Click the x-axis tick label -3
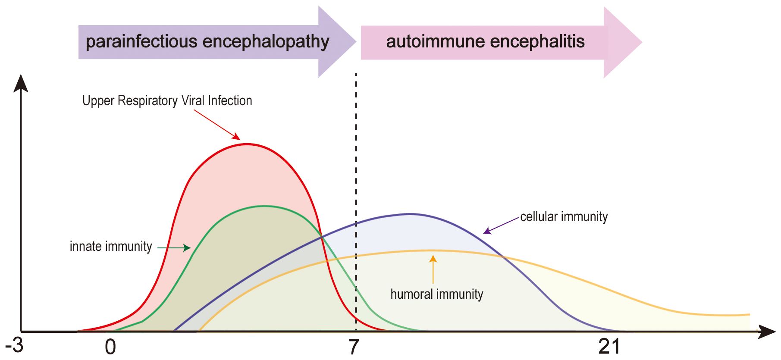pos(14,345)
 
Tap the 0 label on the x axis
pos(110,347)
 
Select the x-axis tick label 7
pos(354,347)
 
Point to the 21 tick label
pos(609,347)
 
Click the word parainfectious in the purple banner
pos(141,42)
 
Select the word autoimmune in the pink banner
pos(436,42)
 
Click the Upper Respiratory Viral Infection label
pos(167,101)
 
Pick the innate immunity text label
pos(111,247)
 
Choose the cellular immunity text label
pos(564,217)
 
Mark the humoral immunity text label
pos(436,294)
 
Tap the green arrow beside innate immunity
pos(174,248)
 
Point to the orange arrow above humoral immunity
pos(433,269)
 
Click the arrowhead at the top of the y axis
pos(21,83)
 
